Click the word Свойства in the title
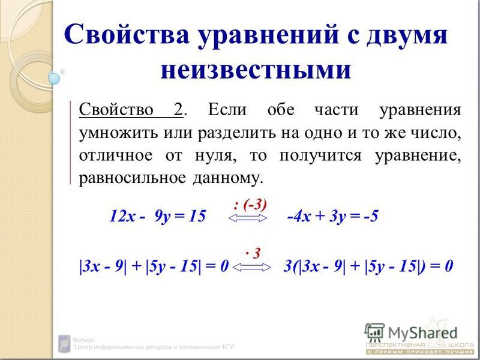coord(127,34)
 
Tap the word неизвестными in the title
coord(256,70)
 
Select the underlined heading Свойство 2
coord(131,110)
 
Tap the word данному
coord(228,178)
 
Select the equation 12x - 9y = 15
coord(157,216)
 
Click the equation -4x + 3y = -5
coord(333,216)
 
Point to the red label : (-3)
coord(250,205)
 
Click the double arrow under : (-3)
coord(248,218)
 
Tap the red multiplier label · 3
coord(253,253)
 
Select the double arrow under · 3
coord(251,268)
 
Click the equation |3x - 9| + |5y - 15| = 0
coord(154,266)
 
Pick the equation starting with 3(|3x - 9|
coord(368,266)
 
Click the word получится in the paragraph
coord(320,156)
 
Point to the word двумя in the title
coord(407,35)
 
